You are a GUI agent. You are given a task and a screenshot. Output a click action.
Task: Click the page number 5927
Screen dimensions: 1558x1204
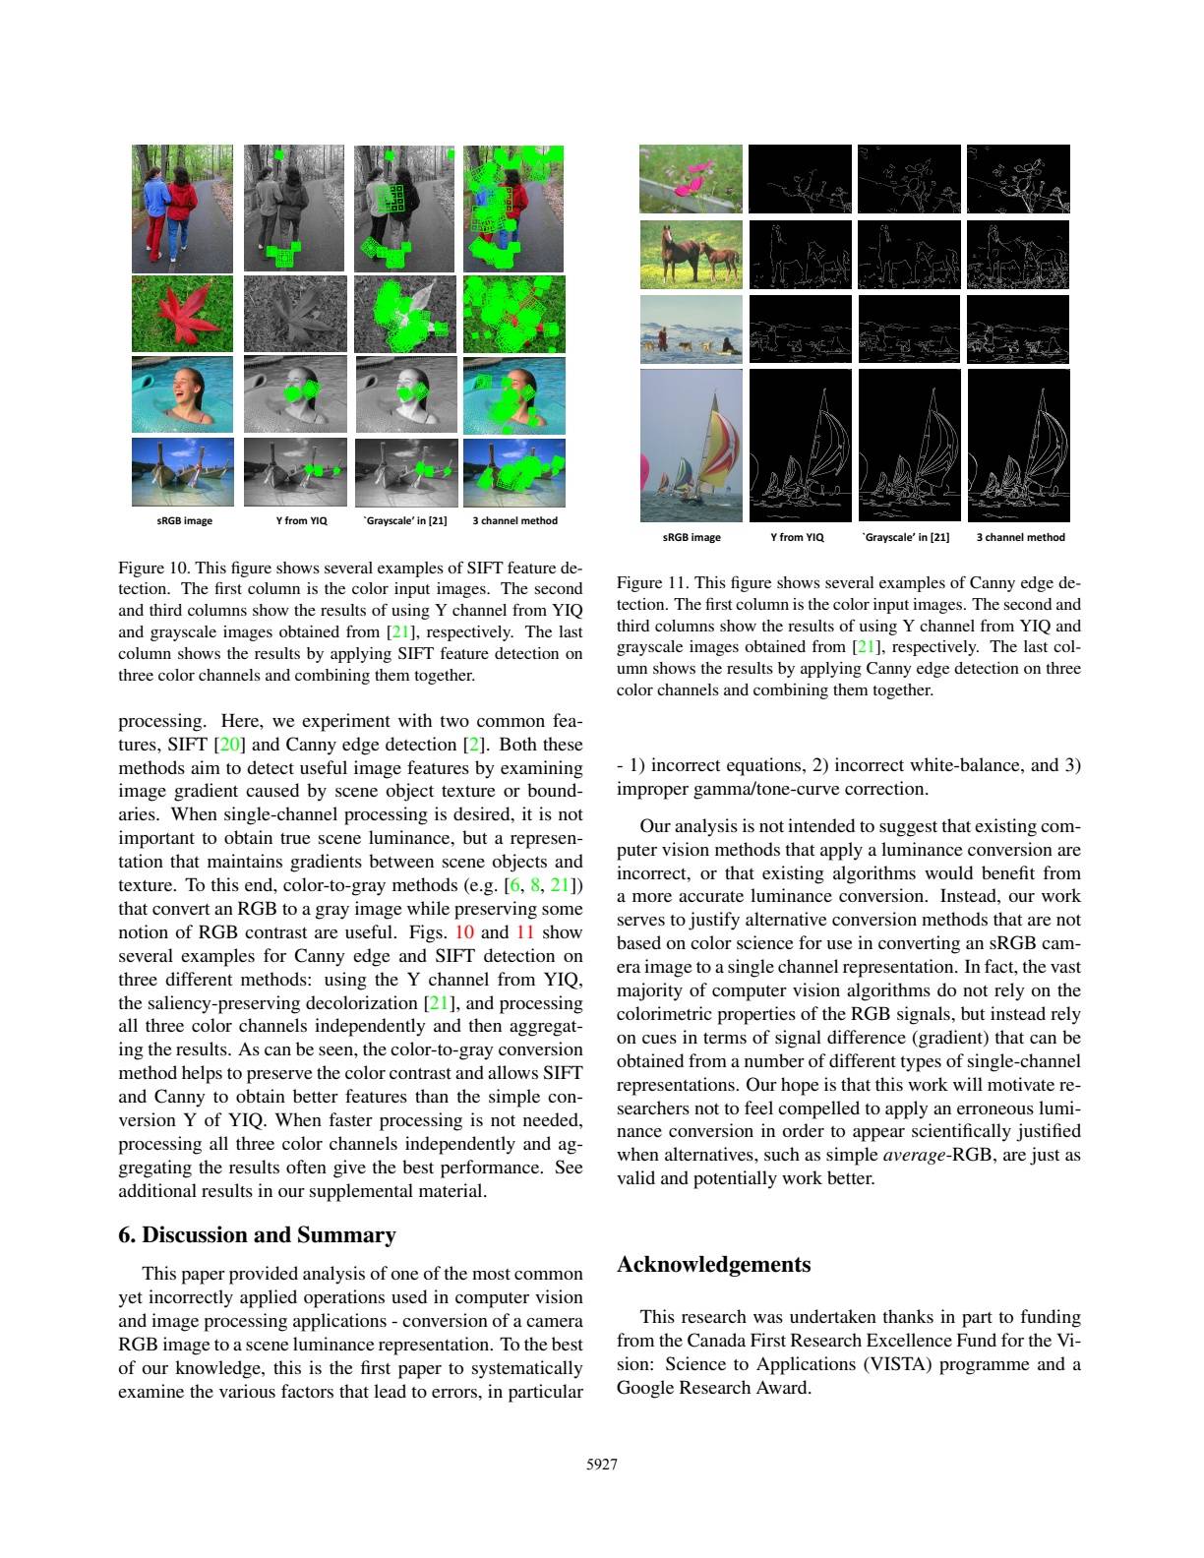click(601, 1465)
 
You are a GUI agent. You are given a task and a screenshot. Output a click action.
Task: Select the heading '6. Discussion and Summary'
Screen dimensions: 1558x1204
click(257, 1235)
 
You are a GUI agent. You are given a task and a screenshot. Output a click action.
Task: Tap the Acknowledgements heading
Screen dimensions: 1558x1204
click(713, 1265)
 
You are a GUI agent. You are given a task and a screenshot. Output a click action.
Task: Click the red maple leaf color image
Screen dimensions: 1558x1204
click(182, 314)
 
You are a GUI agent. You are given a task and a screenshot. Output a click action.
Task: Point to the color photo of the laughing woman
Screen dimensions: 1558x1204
click(182, 393)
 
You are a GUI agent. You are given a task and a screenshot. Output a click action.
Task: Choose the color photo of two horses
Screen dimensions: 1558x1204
click(691, 254)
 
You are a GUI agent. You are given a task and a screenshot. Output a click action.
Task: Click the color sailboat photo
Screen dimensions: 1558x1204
click(691, 445)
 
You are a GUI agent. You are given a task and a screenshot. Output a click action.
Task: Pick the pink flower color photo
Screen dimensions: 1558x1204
click(691, 179)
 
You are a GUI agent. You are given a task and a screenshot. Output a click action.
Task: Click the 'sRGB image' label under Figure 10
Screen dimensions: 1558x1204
click(184, 520)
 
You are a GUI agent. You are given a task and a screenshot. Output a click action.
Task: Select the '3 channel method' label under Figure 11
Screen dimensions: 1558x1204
click(1020, 537)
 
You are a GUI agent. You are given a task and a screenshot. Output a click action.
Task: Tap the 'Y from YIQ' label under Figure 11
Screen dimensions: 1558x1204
click(797, 537)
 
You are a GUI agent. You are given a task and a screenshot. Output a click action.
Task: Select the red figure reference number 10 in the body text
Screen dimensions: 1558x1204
click(462, 932)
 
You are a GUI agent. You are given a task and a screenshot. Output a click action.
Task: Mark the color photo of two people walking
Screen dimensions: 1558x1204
click(182, 209)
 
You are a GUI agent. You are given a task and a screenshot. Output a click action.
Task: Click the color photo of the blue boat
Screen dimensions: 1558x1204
click(182, 472)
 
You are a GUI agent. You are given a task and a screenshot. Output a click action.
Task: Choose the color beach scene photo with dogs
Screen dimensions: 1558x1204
click(691, 330)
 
